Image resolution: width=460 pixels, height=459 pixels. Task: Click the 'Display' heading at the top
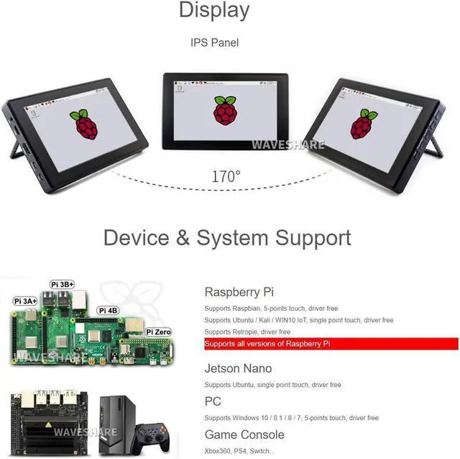(x=214, y=10)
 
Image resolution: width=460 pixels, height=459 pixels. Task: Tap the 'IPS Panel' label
(x=214, y=42)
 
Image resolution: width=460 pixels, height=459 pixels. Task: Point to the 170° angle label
(x=226, y=176)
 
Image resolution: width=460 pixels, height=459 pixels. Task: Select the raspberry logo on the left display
(x=84, y=124)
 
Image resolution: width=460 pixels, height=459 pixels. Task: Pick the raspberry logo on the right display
(x=363, y=124)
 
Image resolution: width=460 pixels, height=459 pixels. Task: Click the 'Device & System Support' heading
(x=227, y=237)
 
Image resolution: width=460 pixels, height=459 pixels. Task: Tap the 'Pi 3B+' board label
(x=63, y=284)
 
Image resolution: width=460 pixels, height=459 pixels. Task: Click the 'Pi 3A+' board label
(x=25, y=300)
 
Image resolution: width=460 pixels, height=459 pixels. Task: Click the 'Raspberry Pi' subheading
(x=239, y=292)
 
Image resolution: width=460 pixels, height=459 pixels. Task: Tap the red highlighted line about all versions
(x=331, y=344)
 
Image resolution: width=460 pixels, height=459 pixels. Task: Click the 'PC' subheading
(x=213, y=401)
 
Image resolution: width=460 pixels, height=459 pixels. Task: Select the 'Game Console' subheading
(x=244, y=435)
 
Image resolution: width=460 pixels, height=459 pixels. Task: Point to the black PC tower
(x=117, y=424)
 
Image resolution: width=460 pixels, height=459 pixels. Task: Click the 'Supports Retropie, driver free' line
(x=247, y=332)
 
